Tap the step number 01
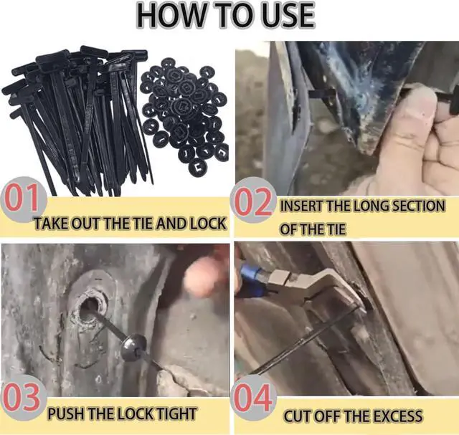(x=21, y=199)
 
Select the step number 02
(x=252, y=202)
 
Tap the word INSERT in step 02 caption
(x=303, y=206)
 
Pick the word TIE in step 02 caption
(x=336, y=229)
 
